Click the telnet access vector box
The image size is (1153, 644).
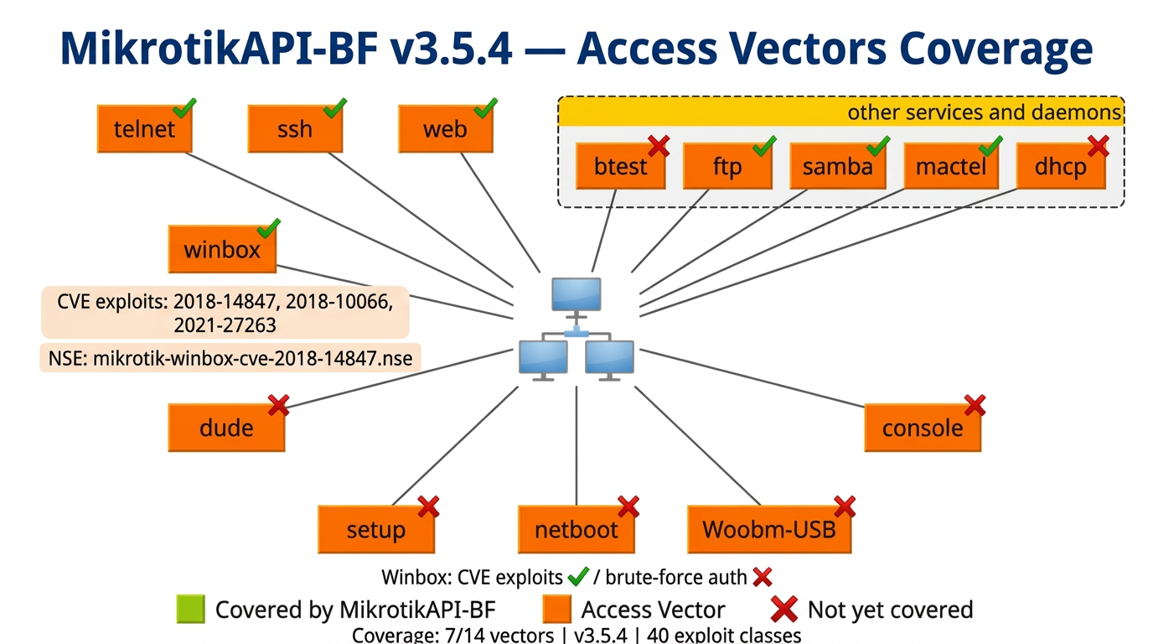[144, 129]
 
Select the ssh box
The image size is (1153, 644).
[294, 129]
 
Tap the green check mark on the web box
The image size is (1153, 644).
[485, 108]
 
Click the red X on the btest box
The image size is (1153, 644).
[659, 146]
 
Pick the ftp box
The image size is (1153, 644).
[727, 166]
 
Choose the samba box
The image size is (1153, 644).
[837, 166]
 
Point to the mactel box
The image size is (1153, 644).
[950, 166]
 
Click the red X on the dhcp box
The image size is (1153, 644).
[1098, 146]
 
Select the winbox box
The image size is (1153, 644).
[222, 249]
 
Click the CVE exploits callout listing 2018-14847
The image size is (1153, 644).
[225, 312]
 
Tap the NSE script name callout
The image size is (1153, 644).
[230, 358]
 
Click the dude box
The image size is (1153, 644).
[226, 428]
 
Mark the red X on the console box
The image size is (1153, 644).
[974, 406]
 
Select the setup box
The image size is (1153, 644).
[376, 530]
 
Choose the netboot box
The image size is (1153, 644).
[576, 530]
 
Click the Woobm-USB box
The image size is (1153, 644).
[768, 530]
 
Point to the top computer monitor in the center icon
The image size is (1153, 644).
[576, 295]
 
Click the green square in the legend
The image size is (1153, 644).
[190, 610]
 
